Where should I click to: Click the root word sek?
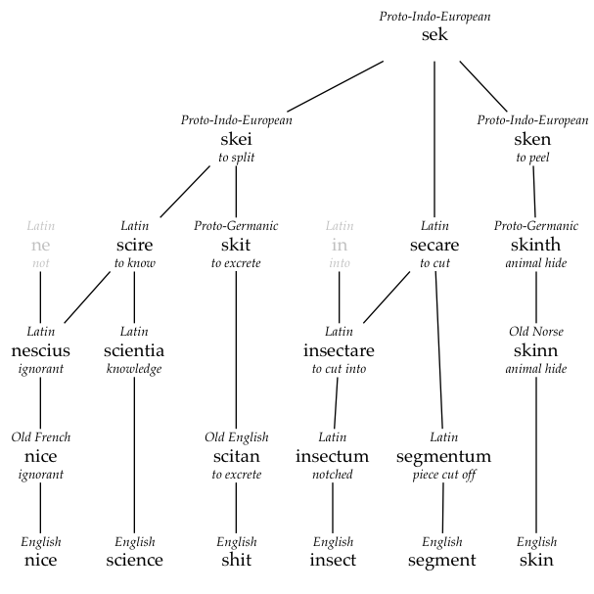tap(434, 35)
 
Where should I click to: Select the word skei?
tap(236, 139)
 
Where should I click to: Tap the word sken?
tap(533, 139)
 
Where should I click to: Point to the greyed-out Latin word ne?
tap(40, 245)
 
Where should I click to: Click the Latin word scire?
tap(134, 245)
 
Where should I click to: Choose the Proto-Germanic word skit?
tap(236, 245)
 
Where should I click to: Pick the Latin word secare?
tap(434, 245)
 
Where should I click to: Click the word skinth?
tap(536, 245)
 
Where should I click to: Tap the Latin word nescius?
tap(40, 350)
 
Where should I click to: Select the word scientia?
tap(134, 350)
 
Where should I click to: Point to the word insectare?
tap(339, 350)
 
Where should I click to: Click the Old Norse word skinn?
tap(536, 350)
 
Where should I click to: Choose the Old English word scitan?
tap(236, 456)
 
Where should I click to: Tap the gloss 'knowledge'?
tap(134, 369)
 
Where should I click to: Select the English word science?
tap(134, 561)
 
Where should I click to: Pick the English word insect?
tap(333, 561)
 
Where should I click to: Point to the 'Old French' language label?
tap(40, 436)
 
